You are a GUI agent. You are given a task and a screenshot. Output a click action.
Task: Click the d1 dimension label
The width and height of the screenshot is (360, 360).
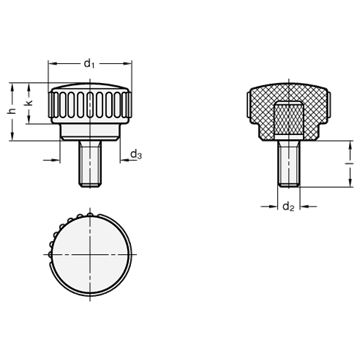pos(89,63)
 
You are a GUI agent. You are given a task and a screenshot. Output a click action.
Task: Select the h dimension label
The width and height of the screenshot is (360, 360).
pos(12,111)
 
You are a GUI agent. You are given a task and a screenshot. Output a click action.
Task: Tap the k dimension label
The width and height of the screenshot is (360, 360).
pos(29,103)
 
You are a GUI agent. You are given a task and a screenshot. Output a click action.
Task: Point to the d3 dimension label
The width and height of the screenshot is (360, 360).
pos(136,154)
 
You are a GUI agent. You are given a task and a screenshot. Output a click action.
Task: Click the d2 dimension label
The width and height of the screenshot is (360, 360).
pos(289,207)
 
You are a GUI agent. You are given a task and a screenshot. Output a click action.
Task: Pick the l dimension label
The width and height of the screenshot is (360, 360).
pos(350,163)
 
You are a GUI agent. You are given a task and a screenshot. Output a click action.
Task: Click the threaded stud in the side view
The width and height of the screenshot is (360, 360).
pos(90,163)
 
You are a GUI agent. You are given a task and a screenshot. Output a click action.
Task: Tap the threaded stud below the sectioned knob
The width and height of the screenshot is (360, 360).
pos(289,163)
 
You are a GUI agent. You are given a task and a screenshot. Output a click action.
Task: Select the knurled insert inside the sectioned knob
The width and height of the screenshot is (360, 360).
pos(289,119)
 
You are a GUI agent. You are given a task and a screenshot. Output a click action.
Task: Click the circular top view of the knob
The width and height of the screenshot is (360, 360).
pos(90,254)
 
